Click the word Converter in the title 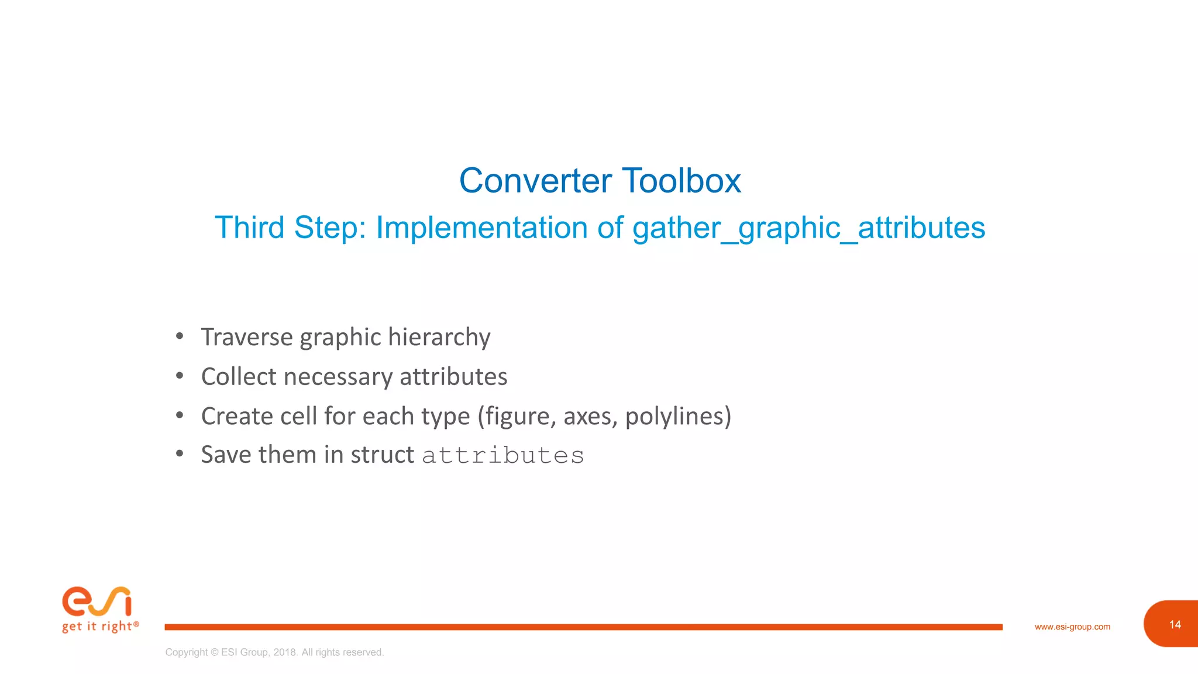(x=535, y=181)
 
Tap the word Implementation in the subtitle (x=481, y=228)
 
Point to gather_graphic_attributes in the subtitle (x=808, y=228)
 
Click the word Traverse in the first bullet (x=246, y=337)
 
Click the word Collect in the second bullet (x=238, y=377)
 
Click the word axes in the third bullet (x=586, y=417)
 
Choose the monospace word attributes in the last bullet (x=503, y=456)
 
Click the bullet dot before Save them (x=180, y=453)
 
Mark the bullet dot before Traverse (x=180, y=336)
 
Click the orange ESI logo (x=97, y=601)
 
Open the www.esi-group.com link (x=1072, y=627)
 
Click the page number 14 (x=1175, y=625)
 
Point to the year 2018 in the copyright (x=285, y=652)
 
